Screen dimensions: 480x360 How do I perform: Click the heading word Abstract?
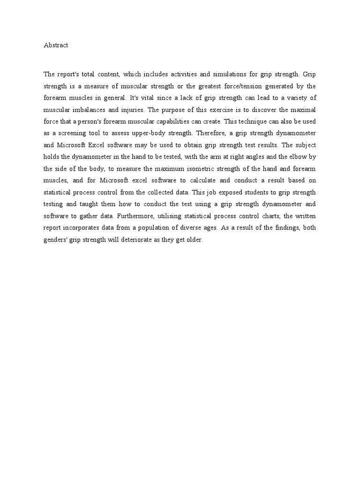[56, 45]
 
